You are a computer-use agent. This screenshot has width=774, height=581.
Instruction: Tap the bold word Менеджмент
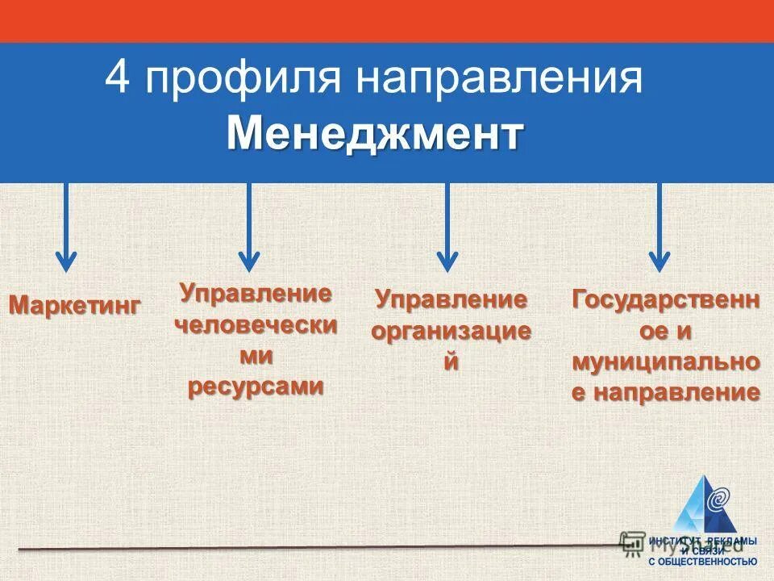(x=375, y=134)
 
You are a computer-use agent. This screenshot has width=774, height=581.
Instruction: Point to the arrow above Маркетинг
(x=66, y=230)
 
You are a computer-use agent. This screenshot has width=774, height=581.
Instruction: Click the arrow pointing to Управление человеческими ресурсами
(x=249, y=230)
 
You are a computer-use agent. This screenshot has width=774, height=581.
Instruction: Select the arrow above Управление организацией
(x=447, y=230)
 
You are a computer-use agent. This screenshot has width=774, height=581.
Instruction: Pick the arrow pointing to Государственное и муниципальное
(x=660, y=230)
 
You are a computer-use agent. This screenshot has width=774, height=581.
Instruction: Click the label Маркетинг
(x=74, y=306)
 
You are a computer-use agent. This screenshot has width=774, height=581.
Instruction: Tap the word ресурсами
(x=255, y=386)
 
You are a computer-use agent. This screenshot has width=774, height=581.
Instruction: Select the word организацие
(x=451, y=332)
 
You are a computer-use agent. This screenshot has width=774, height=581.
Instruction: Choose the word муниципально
(x=665, y=362)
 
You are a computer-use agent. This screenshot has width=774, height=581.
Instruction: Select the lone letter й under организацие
(x=451, y=362)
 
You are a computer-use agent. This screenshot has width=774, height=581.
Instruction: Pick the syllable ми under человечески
(x=255, y=355)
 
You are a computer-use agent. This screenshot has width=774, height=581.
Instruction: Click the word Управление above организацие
(x=451, y=301)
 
